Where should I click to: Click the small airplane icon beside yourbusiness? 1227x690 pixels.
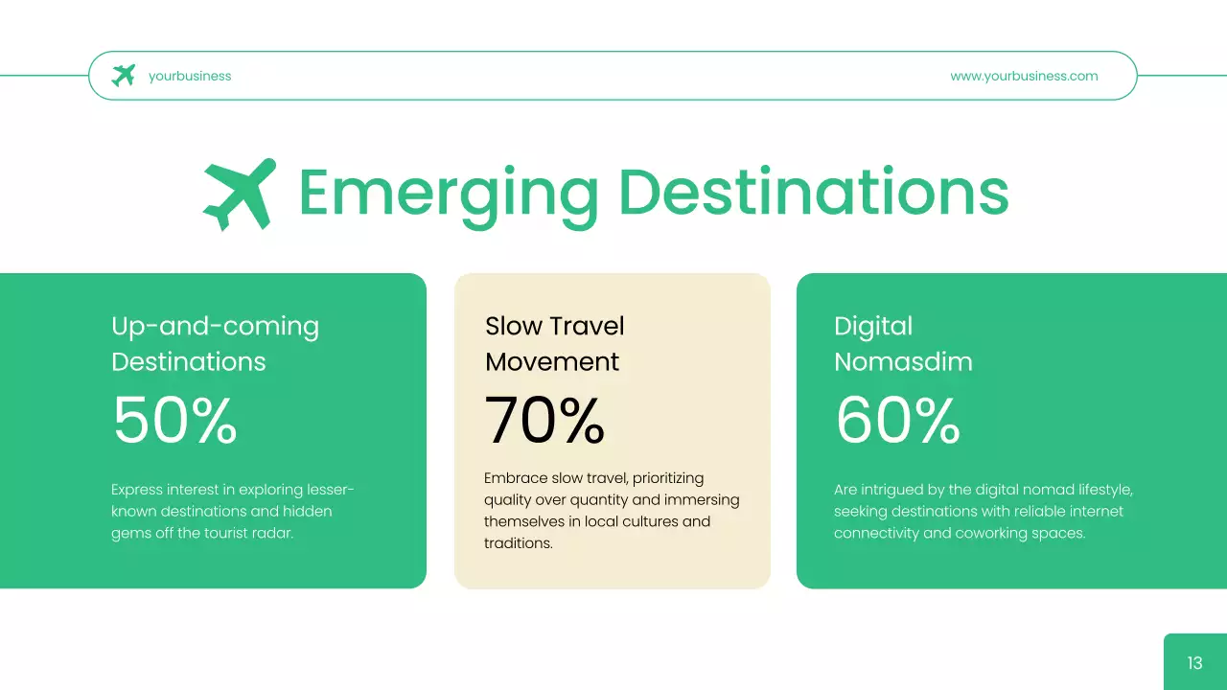point(124,76)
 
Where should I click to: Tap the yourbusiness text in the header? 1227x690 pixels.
point(190,76)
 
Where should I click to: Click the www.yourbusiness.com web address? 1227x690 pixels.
point(1024,76)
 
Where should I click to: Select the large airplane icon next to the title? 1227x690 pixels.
point(239,194)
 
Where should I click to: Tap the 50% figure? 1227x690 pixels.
point(174,421)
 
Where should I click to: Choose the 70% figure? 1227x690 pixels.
point(544,421)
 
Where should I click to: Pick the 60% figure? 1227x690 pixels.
point(897,421)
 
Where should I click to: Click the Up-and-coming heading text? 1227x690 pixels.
point(215,327)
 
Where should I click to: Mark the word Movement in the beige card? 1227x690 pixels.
point(552,361)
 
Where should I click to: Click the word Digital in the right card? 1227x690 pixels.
point(873,327)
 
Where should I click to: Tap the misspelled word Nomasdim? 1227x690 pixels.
point(903,361)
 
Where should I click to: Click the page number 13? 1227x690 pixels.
point(1194,662)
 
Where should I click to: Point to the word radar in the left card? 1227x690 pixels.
point(272,533)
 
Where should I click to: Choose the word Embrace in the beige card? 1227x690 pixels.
point(516,478)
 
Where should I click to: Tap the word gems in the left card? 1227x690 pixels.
point(130,534)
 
